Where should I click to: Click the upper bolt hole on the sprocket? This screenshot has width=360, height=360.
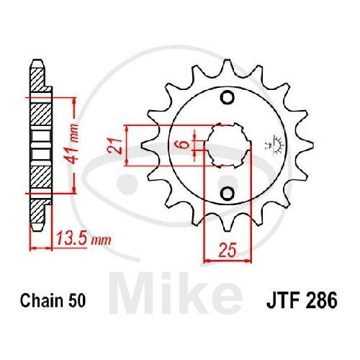(227, 98)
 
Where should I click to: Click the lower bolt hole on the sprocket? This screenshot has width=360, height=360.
(227, 194)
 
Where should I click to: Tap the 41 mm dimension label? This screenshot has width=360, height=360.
(71, 143)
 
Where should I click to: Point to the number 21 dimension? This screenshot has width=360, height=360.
(114, 145)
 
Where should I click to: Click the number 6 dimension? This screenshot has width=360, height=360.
(184, 144)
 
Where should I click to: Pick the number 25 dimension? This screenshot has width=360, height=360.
(228, 250)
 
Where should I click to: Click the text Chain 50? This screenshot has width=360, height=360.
(53, 300)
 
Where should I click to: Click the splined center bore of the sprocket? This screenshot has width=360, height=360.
(228, 145)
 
